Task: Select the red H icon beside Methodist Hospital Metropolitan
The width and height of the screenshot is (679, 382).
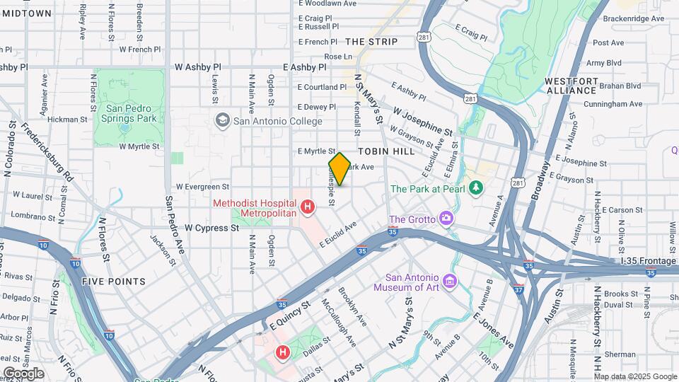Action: (308, 207)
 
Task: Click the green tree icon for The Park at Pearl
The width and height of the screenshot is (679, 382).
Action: (477, 188)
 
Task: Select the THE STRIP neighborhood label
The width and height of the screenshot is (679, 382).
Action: (371, 42)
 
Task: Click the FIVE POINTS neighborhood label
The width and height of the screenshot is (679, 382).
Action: (113, 282)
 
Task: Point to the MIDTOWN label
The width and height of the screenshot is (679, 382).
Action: (26, 13)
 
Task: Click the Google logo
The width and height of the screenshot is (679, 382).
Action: (23, 373)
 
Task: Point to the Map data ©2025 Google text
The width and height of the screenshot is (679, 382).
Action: (635, 376)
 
